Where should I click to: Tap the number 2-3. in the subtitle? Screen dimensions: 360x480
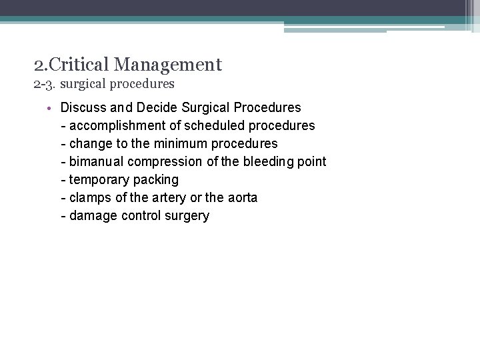45,84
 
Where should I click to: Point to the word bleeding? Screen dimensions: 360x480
263,161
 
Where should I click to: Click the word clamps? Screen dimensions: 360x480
89,197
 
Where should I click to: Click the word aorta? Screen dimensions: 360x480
241,197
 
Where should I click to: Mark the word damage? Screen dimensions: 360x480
93,215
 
